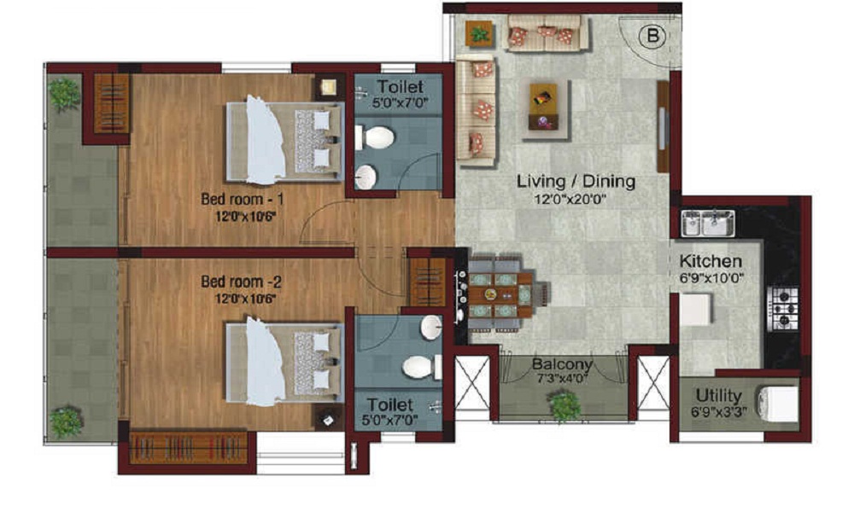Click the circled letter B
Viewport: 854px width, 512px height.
tap(652, 37)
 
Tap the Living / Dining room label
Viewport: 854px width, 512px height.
tap(576, 181)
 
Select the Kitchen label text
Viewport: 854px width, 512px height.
tap(711, 261)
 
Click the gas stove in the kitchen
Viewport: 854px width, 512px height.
tap(783, 309)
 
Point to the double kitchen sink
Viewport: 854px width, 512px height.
tap(707, 223)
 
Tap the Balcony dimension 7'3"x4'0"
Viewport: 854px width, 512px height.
tap(563, 379)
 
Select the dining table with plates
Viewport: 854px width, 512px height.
tap(500, 295)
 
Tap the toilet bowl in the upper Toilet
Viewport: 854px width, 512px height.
tap(375, 137)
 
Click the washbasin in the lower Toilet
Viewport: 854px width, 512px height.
tap(430, 328)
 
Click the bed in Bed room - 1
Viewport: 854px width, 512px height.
tap(285, 141)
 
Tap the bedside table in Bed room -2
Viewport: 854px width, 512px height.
tap(329, 420)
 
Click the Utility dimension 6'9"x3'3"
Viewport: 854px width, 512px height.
tap(719, 412)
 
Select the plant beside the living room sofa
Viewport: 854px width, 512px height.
tap(479, 35)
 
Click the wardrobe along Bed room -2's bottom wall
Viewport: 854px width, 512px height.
tap(189, 448)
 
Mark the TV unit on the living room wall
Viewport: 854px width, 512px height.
tap(663, 127)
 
